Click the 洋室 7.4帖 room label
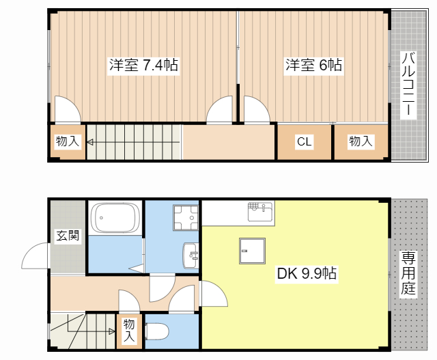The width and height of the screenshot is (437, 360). pos(143,66)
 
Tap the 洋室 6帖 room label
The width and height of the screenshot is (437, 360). pos(313,66)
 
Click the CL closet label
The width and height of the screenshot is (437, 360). pos(304,142)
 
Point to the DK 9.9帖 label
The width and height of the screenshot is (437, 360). pos(306,274)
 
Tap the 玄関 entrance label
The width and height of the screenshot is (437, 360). pos(67,236)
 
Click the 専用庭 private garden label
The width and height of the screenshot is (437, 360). pos(408,273)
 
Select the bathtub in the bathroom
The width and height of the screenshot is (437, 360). pos(115,217)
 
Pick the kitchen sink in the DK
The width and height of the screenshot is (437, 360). pos(259,210)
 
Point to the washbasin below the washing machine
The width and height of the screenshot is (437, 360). pos(191,256)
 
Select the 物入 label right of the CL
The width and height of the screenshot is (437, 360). pos(361,142)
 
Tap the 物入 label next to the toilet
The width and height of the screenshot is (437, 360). pos(129,331)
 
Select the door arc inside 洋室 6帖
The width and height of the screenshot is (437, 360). pos(257,109)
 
